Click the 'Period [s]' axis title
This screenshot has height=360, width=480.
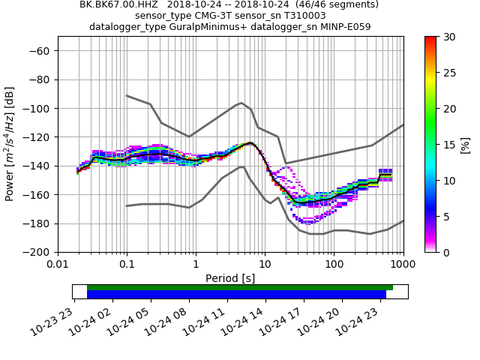tap(230, 278)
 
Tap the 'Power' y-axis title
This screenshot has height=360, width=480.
tap(10, 144)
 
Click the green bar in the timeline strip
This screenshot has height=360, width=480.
tap(240, 287)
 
